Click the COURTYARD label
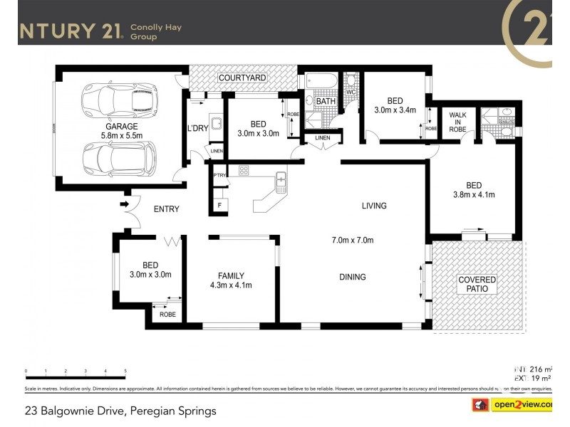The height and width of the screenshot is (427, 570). pyautogui.click(x=242, y=77)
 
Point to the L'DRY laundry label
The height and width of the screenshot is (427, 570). pyautogui.click(x=197, y=128)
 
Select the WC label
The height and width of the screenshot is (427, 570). pyautogui.click(x=351, y=93)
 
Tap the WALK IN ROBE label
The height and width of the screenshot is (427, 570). pyautogui.click(x=456, y=122)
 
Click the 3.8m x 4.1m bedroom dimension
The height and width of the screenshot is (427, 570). pyautogui.click(x=474, y=194)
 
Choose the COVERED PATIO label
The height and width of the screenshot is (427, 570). pyautogui.click(x=477, y=285)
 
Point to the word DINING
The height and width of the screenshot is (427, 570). pyautogui.click(x=353, y=278)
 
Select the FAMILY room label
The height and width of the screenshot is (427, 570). pyautogui.click(x=232, y=276)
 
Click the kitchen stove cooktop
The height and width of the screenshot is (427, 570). pyautogui.click(x=244, y=170)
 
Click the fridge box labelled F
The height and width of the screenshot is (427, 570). pyautogui.click(x=219, y=206)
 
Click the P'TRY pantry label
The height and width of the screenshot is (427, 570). pyautogui.click(x=219, y=175)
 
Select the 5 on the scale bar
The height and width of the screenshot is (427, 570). pyautogui.click(x=125, y=371)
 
